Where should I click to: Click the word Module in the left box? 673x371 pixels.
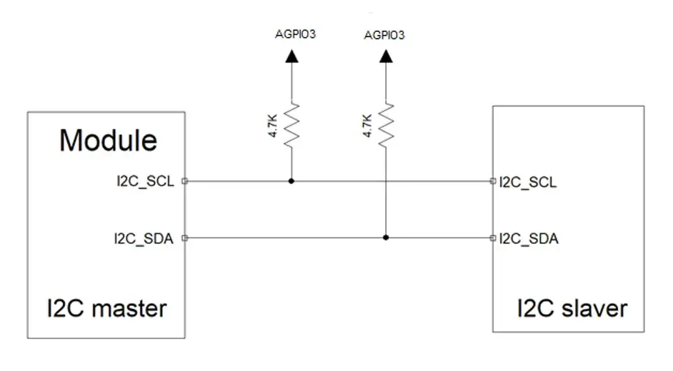tap(108, 140)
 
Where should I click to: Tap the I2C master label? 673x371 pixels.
tap(107, 308)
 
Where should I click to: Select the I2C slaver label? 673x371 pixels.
tap(572, 308)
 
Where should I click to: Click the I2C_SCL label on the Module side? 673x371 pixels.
tap(146, 181)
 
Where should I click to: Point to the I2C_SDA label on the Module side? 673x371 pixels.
tap(144, 238)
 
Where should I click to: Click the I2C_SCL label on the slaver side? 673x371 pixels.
tap(528, 182)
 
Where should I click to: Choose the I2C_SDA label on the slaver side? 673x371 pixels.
tap(529, 238)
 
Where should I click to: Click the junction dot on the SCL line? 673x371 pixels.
tap(291, 181)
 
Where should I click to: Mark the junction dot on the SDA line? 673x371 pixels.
tap(386, 238)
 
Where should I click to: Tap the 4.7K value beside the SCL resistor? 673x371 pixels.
tap(273, 126)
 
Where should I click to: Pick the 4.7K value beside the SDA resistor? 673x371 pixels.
tap(367, 126)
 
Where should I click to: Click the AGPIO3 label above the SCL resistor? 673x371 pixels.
tap(295, 34)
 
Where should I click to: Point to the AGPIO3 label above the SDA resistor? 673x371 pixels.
tap(384, 35)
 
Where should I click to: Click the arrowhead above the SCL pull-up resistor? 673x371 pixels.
tap(292, 56)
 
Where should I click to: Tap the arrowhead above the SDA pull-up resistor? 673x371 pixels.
tap(386, 56)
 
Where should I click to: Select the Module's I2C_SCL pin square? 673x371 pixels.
tap(185, 181)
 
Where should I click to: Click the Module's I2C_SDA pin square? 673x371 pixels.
tap(185, 238)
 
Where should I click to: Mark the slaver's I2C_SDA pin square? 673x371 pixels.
tap(493, 238)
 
